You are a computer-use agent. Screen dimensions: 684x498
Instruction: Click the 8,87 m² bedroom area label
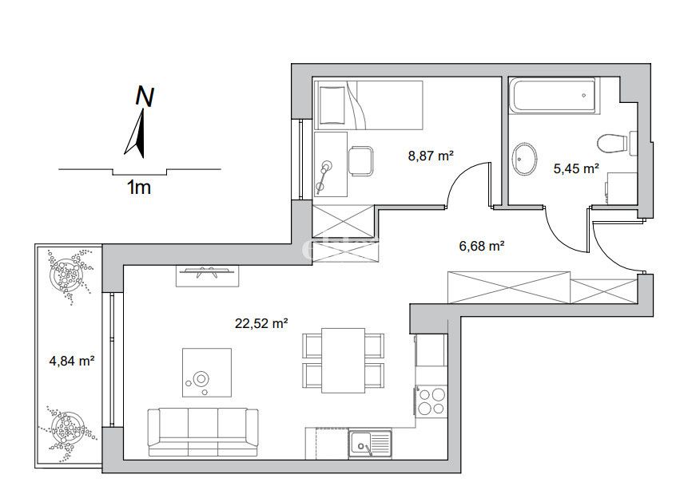pos(431,156)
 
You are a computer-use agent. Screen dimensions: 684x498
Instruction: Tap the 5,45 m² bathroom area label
pos(576,168)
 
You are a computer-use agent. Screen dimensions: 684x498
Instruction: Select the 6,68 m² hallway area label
pos(482,246)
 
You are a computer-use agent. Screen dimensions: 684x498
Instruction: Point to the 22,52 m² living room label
pos(260,323)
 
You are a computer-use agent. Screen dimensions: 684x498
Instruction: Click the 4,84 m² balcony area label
pos(72,361)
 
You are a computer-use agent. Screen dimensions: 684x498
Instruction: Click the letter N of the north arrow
pos(145,97)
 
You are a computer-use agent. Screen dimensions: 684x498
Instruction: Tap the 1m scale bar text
pos(139,188)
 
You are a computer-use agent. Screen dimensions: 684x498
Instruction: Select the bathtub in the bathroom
pos(554,96)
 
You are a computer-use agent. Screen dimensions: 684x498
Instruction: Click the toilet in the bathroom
pos(617,143)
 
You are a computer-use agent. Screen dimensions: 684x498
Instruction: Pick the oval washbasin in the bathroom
pos(524,159)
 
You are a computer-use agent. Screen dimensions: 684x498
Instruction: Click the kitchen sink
pos(370,444)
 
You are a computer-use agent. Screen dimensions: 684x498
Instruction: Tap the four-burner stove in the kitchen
pos(431,401)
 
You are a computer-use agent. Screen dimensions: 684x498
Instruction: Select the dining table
pos(343,360)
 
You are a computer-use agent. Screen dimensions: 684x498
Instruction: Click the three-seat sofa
pos(203,433)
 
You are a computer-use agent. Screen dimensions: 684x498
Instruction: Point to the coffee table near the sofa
pos(207,373)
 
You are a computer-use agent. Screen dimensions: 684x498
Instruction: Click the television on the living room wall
pos(208,271)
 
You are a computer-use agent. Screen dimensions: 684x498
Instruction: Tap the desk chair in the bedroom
pos(360,161)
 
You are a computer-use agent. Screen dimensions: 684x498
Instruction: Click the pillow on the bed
pos(333,105)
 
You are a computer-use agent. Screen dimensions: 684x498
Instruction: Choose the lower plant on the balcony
pos(67,429)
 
